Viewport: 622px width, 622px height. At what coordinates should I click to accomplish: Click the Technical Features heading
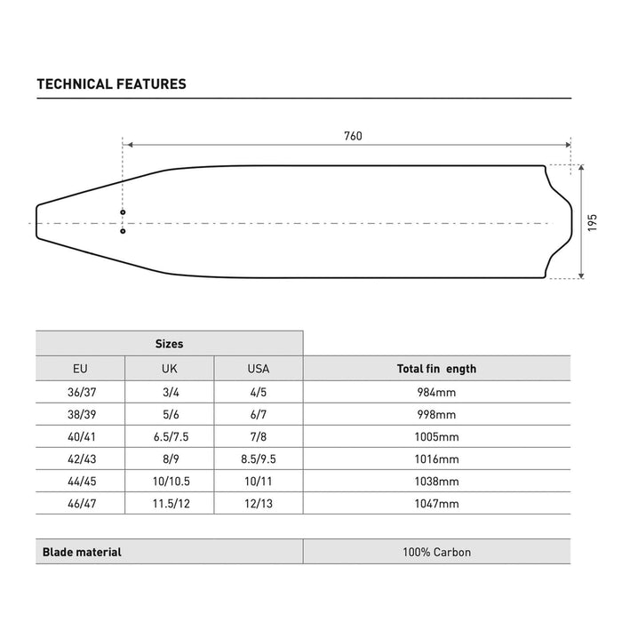111,84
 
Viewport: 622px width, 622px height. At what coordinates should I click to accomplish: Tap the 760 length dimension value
353,136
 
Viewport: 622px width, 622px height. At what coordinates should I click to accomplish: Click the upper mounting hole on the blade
124,212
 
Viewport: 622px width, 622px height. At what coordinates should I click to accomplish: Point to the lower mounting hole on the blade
124,231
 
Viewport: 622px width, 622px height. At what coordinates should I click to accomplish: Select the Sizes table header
169,343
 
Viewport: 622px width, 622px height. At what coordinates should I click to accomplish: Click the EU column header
80,368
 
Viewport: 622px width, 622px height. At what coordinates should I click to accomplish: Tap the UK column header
169,368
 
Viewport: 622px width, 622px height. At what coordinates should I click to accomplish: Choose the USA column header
258,368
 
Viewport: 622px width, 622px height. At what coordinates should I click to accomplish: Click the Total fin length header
436,368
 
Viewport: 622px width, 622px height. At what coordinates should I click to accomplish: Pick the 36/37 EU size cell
80,392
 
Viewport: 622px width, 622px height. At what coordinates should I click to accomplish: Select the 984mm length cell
436,392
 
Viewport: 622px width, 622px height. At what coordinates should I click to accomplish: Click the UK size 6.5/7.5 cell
169,437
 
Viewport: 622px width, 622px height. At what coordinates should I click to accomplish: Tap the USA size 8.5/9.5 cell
258,459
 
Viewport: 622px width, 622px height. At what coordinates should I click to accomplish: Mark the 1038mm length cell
436,482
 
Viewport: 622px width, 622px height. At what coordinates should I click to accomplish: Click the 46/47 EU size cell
80,504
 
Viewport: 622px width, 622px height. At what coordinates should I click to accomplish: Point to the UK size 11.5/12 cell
169,504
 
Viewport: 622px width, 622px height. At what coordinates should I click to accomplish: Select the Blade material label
83,552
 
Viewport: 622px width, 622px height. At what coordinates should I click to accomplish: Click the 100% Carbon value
436,552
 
